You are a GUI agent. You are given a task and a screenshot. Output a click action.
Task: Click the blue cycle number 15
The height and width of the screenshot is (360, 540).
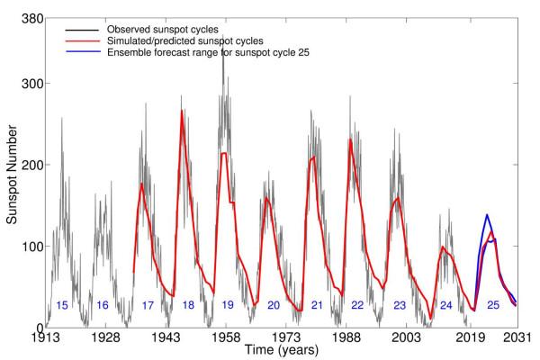[62, 306]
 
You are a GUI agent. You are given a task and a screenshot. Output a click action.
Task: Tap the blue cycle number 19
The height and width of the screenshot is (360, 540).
[228, 306]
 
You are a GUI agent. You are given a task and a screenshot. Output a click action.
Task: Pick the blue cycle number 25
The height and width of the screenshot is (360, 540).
[493, 306]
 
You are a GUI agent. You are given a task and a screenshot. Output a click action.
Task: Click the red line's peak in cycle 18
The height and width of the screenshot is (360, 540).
[182, 111]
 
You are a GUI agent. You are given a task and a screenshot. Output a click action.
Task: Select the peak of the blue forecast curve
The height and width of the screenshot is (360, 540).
[487, 215]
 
